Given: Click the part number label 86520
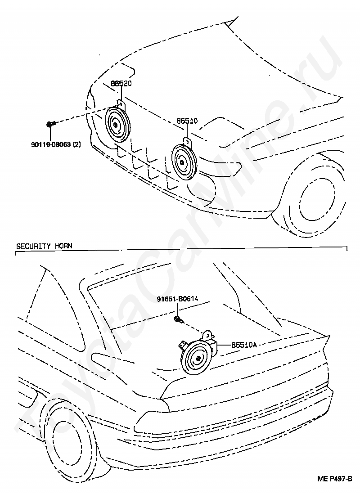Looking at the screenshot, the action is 121,84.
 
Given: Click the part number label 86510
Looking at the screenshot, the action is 187,121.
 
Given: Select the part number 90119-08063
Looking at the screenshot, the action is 51,144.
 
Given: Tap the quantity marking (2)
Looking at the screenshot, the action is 76,144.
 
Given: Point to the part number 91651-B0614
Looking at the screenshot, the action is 177,299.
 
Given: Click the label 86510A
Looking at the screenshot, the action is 244,345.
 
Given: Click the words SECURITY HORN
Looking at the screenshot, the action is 44,246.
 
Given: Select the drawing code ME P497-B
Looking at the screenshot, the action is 334,488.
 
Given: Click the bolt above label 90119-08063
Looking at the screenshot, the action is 50,124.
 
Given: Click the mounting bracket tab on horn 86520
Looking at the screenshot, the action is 121,104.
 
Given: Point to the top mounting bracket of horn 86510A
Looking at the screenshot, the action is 207,335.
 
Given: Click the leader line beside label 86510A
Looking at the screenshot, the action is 224,345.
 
